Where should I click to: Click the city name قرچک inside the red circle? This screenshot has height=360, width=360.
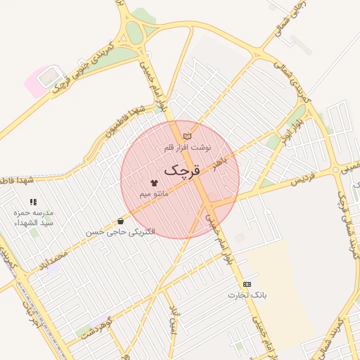[x=182, y=170]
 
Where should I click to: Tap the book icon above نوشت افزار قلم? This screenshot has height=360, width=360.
[x=186, y=136]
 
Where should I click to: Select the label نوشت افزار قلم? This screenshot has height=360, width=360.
[x=187, y=148]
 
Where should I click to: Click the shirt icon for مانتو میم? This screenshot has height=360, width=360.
[x=154, y=183]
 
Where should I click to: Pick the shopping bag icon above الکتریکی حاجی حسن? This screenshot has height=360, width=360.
[x=121, y=221]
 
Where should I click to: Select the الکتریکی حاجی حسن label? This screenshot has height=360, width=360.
[x=120, y=231]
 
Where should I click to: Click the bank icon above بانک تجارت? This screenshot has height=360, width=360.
[x=247, y=284]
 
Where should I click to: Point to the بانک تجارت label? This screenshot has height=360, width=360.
[x=247, y=295]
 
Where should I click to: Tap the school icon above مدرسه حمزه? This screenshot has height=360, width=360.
[x=33, y=202]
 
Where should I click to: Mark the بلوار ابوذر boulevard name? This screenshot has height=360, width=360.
[x=288, y=126]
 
